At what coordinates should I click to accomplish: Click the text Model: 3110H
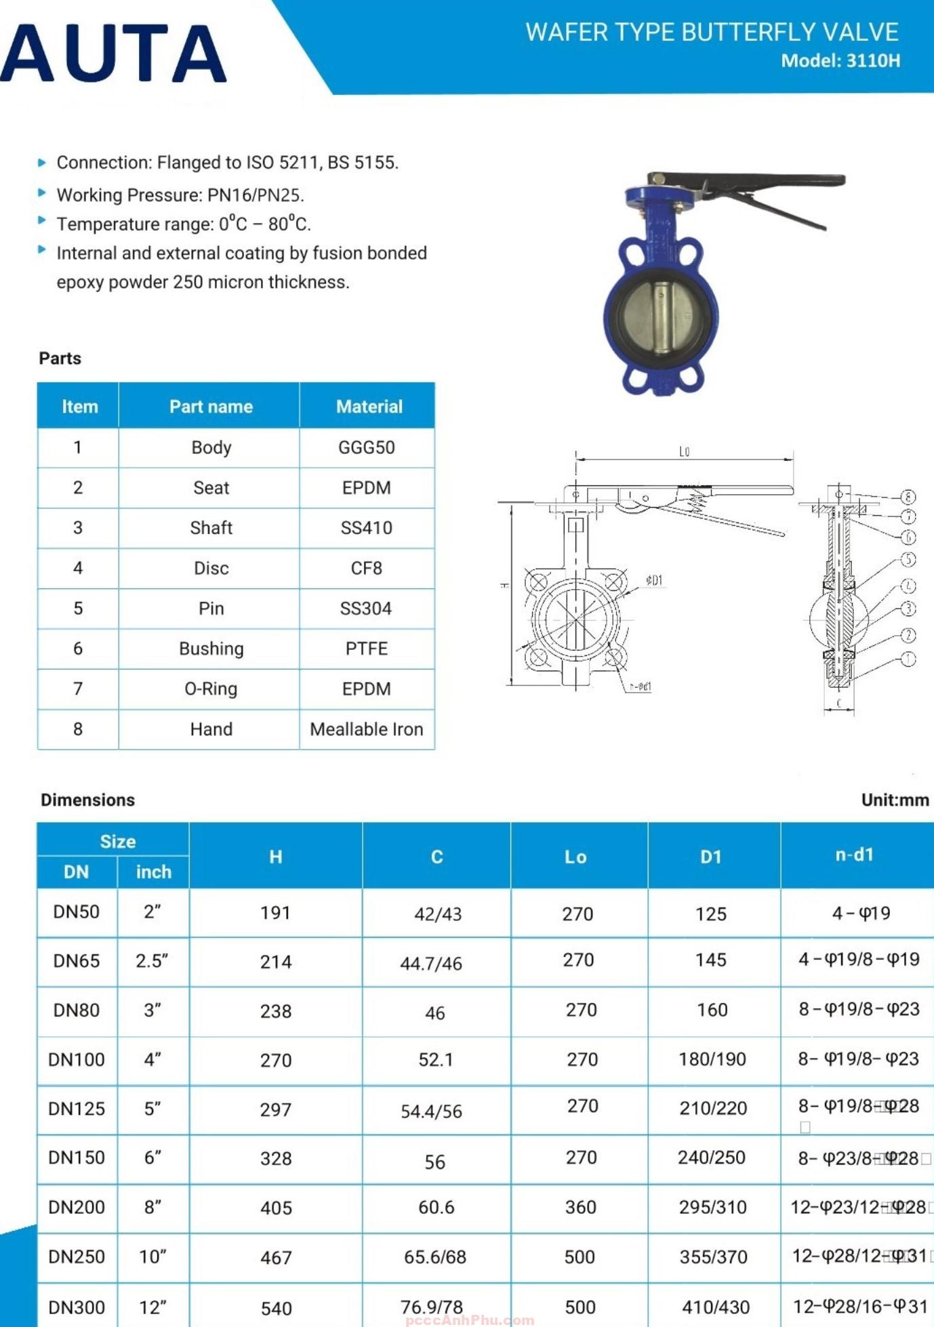tap(840, 61)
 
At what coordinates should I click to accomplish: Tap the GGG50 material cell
tap(366, 447)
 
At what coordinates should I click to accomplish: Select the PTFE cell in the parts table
tap(366, 649)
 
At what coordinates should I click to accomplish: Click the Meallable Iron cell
tap(366, 729)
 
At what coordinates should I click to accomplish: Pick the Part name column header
tap(211, 407)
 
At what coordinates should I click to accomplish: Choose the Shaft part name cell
tap(211, 528)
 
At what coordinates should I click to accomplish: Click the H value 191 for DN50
tap(275, 913)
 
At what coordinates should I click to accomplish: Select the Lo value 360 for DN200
tap(580, 1207)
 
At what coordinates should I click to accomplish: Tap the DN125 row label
tap(77, 1109)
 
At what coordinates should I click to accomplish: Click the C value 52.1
tap(436, 1059)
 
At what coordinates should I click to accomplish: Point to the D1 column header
tap(710, 857)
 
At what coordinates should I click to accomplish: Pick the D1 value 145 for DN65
tap(710, 960)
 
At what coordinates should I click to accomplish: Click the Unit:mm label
tap(895, 800)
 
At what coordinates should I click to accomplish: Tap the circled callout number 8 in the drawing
tap(908, 497)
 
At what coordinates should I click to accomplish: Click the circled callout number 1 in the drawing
tap(908, 659)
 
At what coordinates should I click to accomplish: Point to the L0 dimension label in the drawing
tap(685, 452)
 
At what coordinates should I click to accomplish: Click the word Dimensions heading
tap(87, 800)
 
